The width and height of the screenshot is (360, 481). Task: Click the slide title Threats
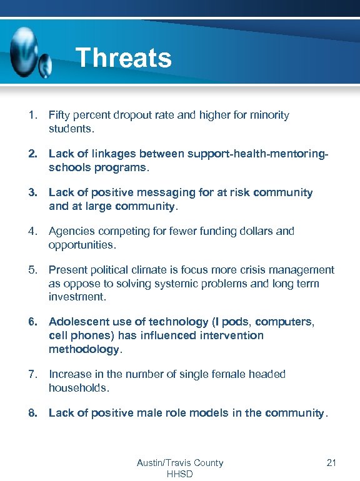pos(123,58)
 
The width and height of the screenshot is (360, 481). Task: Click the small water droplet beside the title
pos(46,63)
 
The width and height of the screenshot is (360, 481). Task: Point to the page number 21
pos(331,463)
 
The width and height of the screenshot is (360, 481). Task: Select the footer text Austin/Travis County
pos(180,463)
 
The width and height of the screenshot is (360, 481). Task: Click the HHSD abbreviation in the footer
pos(180,474)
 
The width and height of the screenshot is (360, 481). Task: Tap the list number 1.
pos(31,116)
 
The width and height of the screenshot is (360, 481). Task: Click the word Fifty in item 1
pos(60,116)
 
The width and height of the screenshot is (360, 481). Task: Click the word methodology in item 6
pos(83,349)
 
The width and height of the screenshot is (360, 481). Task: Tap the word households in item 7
pos(77,388)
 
